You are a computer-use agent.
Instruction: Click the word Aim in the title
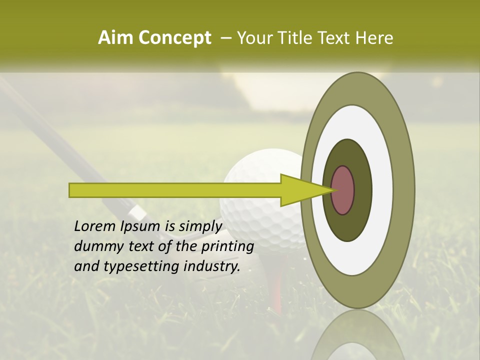[115, 38]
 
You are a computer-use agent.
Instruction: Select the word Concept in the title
[175, 38]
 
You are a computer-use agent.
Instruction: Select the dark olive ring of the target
[362, 190]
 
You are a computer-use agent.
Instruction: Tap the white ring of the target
[382, 190]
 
